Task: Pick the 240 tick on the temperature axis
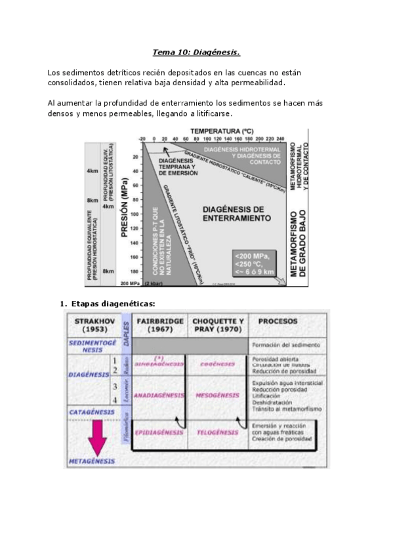[x=281, y=139]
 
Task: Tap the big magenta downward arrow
[x=99, y=438]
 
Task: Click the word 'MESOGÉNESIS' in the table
[x=217, y=395]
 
